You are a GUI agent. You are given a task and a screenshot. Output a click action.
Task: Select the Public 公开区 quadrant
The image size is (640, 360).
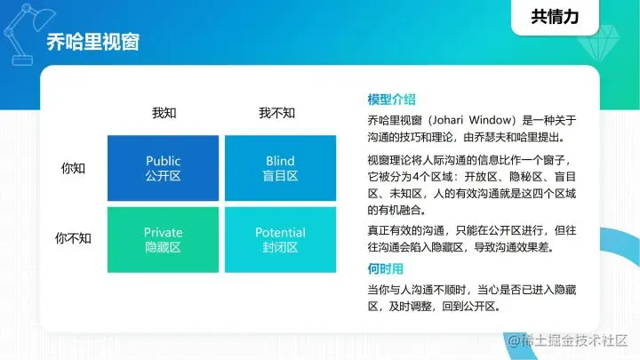pyautogui.click(x=163, y=168)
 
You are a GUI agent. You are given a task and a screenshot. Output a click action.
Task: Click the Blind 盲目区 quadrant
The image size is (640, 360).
pyautogui.click(x=280, y=168)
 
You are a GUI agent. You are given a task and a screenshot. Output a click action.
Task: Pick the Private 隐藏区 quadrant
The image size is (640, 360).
pyautogui.click(x=163, y=240)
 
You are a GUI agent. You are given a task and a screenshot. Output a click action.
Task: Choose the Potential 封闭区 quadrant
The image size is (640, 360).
pyautogui.click(x=280, y=240)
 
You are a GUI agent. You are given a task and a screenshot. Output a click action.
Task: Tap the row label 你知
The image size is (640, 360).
pyautogui.click(x=73, y=167)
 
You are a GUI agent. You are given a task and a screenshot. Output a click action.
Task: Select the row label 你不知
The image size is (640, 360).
pyautogui.click(x=73, y=238)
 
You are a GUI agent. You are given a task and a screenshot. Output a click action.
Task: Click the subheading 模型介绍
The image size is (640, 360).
pyautogui.click(x=391, y=100)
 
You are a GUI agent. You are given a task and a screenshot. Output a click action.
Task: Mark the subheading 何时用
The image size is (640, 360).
pyautogui.click(x=385, y=268)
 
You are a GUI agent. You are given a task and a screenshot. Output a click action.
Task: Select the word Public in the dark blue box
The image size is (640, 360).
pyautogui.click(x=163, y=161)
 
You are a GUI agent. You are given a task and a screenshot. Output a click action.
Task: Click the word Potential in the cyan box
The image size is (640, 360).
pyautogui.click(x=280, y=233)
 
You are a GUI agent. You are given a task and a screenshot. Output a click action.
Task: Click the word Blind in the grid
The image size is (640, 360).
pyautogui.click(x=280, y=161)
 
